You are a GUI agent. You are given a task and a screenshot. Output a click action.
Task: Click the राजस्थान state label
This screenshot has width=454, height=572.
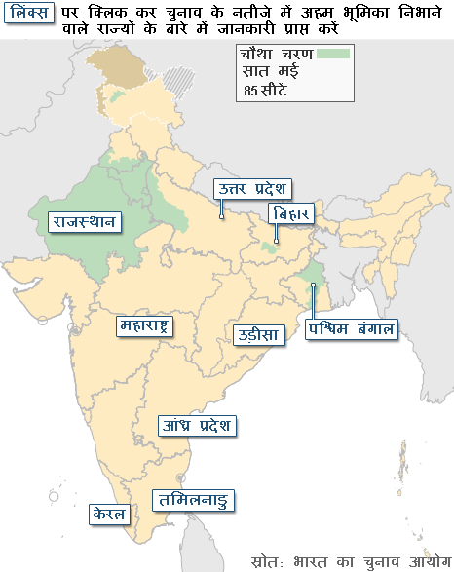[x=85, y=222]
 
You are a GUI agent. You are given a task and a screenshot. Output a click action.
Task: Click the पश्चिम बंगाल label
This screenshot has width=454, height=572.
[x=352, y=329]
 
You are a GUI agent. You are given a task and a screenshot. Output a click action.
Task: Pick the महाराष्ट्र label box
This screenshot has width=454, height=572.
[x=143, y=325]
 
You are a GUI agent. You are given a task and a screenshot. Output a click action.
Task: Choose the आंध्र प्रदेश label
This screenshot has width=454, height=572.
[x=198, y=426]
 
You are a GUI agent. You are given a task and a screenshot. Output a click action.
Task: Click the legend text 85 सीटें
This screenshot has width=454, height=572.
[x=266, y=92]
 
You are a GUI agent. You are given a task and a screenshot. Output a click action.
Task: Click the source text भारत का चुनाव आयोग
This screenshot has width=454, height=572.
[x=374, y=560]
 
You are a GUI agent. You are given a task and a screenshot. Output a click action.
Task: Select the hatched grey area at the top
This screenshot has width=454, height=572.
[x=176, y=75]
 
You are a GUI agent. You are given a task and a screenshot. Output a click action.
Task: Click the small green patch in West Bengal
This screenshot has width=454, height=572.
[x=312, y=283]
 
